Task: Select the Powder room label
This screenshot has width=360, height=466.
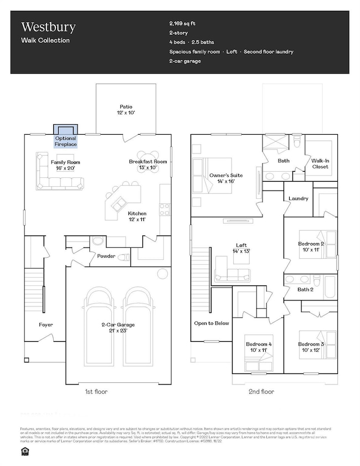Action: (106, 257)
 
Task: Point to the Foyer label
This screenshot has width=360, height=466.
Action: (45, 325)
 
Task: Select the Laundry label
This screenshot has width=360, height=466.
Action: (298, 198)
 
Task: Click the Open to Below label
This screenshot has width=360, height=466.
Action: (208, 324)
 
